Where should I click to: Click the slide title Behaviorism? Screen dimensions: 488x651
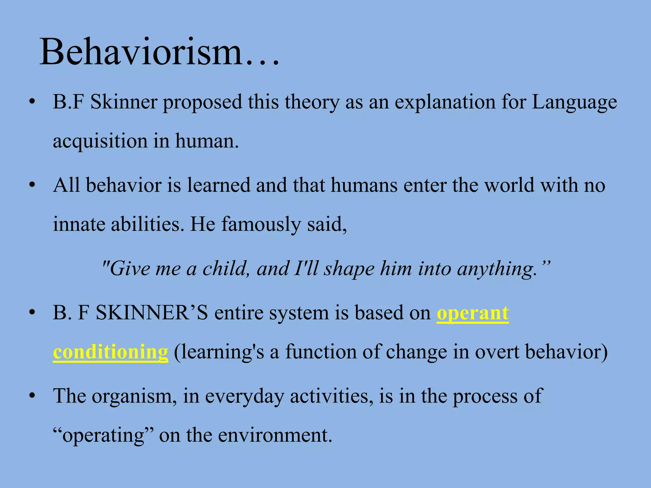click(x=159, y=51)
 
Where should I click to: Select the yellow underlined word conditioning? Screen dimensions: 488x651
click(x=110, y=352)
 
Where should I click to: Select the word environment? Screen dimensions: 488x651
click(x=275, y=435)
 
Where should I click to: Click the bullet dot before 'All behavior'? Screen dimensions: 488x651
click(x=31, y=185)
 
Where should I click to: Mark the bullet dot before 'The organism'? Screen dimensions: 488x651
click(x=31, y=396)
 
